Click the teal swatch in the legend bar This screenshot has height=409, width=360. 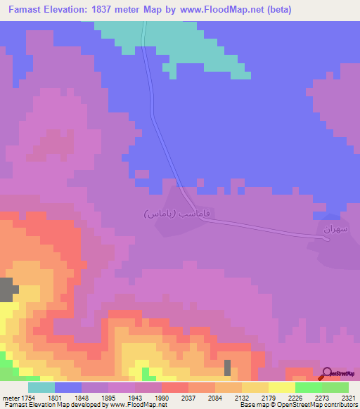coord(41,387)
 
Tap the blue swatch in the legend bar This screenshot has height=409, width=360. coord(68,387)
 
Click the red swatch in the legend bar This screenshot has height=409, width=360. coord(175,387)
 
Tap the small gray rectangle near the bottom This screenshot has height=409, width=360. coord(227,368)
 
